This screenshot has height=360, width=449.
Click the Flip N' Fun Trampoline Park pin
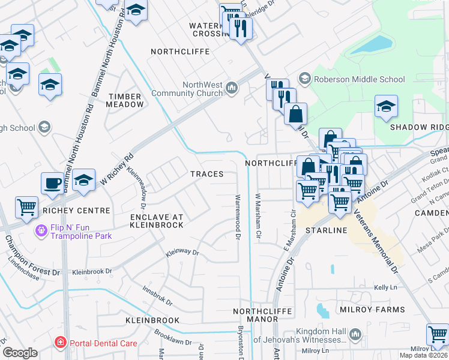click(x=41, y=230)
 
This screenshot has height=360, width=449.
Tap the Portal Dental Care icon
click(x=60, y=343)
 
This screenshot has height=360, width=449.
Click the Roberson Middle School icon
click(x=305, y=79)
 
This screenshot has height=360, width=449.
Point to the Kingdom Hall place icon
click(x=355, y=334)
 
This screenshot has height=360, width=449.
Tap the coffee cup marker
click(x=53, y=183)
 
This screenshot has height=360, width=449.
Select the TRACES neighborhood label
click(x=206, y=174)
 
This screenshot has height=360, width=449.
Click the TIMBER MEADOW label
click(x=125, y=100)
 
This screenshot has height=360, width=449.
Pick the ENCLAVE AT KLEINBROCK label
click(x=156, y=220)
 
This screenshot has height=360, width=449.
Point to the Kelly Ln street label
click(x=386, y=289)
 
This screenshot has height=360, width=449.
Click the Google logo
click(x=20, y=352)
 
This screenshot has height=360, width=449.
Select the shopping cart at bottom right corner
click(x=438, y=334)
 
